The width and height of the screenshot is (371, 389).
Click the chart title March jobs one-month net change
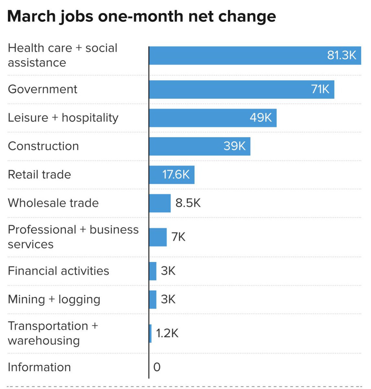141,16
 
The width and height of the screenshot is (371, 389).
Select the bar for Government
227,89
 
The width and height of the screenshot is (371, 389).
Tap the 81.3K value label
342,55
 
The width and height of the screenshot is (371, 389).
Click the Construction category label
43,146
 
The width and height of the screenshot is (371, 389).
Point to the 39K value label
235,146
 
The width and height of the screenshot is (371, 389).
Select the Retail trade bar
155,175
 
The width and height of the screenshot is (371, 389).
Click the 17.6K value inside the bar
176,175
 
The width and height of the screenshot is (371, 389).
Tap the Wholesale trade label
53,203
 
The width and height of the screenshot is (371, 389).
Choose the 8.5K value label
188,203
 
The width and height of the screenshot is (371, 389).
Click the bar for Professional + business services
158,237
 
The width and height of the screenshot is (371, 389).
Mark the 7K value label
178,237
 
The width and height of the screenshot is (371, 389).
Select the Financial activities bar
153,271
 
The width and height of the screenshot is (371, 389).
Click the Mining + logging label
54,300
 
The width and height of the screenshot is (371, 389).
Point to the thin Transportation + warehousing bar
150,334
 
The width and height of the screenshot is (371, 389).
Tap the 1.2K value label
167,334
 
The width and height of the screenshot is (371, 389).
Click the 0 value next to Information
157,367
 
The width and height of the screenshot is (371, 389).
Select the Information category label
39,367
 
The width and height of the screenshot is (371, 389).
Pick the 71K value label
320,89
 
